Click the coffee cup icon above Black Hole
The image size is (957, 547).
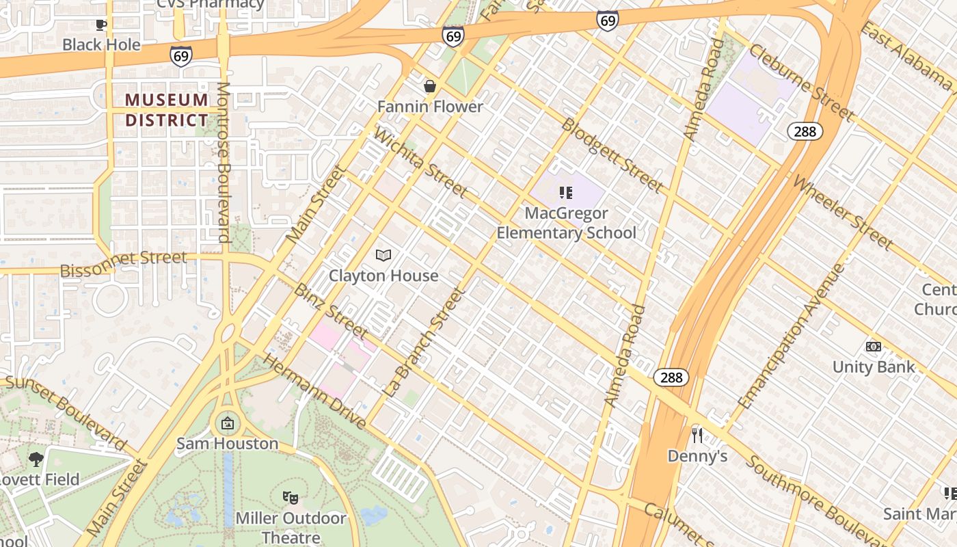pos(101,25)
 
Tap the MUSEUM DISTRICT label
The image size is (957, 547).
pos(167,110)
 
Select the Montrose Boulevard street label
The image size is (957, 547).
pos(224,162)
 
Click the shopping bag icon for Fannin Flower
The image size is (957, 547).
pos(430,86)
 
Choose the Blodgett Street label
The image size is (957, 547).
pos(612,155)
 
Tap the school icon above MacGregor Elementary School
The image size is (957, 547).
pos(565,193)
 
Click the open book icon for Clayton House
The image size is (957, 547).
pos(383,256)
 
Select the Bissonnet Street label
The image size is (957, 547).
pos(123,263)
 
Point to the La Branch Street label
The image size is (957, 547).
pos(424,343)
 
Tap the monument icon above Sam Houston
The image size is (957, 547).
pos(228,424)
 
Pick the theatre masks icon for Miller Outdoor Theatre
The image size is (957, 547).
pos(291,498)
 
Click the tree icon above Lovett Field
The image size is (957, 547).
pos(36,459)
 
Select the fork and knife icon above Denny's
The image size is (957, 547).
pos(697,436)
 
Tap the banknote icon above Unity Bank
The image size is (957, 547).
pos(873,347)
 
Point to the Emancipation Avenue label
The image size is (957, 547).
pos(791,336)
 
